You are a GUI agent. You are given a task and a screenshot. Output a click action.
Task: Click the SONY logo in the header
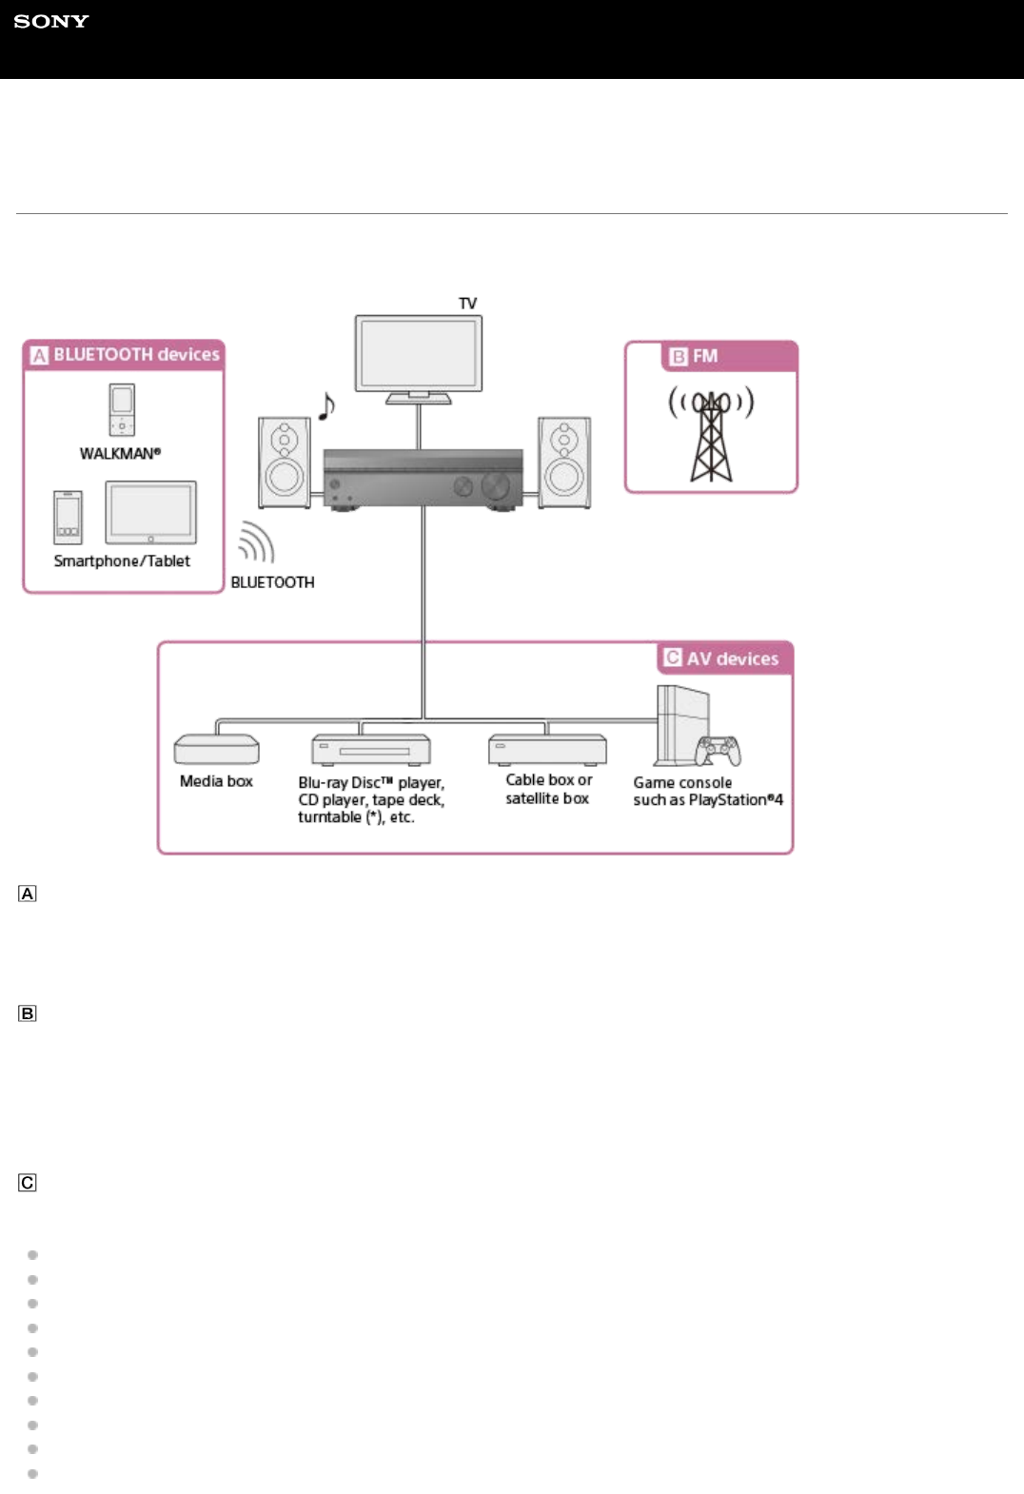51,21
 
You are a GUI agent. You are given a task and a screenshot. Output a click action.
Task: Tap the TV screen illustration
419,352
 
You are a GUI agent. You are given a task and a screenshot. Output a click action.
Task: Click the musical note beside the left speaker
326,406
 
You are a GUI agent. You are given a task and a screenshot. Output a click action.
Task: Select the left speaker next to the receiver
285,462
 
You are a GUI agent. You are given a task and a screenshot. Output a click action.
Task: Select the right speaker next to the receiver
564,462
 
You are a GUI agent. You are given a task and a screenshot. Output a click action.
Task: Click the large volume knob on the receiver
496,486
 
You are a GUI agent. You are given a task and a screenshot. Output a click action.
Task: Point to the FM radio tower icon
711,435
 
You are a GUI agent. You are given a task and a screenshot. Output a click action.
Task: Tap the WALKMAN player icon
122,409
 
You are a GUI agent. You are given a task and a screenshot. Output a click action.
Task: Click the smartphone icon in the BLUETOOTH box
68,517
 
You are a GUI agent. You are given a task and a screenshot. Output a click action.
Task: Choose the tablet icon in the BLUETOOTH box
150,512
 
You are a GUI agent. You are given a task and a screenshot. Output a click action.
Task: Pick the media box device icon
216,750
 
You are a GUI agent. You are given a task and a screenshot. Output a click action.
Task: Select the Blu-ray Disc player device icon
371,750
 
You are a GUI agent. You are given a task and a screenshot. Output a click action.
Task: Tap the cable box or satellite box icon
547,749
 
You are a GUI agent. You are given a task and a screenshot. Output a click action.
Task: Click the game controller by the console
719,750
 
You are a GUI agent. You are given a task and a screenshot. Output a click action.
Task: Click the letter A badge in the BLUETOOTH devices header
39,355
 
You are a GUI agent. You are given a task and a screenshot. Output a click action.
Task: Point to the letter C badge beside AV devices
673,658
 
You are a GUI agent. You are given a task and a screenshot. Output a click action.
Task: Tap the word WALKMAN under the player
120,454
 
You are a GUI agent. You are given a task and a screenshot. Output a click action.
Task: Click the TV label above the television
467,304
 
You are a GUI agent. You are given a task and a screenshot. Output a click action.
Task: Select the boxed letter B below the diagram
28,1013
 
